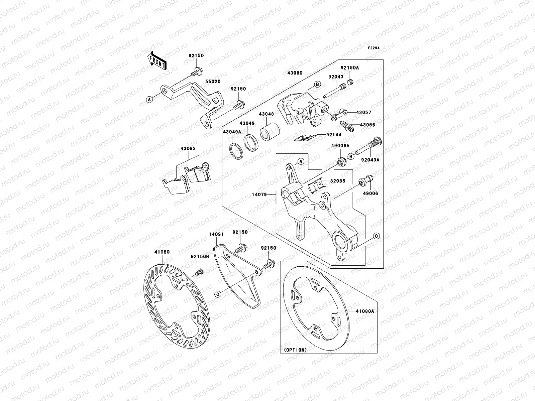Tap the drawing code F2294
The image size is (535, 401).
point(374,48)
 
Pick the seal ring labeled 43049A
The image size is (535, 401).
point(236,150)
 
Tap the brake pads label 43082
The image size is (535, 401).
point(188,148)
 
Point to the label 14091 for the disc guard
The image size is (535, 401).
point(216,235)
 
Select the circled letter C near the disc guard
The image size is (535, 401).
point(217,294)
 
